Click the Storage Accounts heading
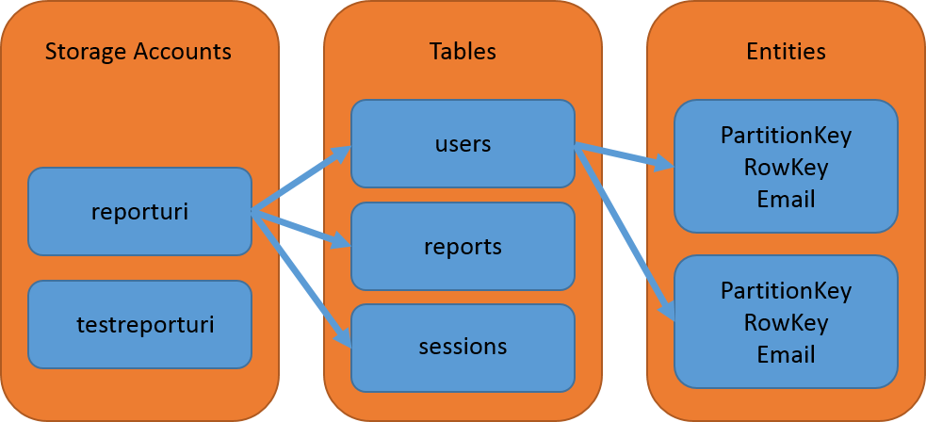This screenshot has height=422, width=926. [138, 51]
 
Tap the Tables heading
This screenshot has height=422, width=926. [463, 51]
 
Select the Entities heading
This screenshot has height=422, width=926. [786, 51]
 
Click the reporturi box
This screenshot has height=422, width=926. [139, 211]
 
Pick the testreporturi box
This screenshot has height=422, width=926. [139, 325]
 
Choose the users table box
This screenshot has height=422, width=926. [463, 144]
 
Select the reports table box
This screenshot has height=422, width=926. [463, 246]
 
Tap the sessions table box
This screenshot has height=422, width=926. [463, 347]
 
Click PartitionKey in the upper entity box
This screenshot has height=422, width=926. [786, 136]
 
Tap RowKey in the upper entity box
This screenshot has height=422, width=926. [786, 168]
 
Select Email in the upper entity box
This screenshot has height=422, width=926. [786, 199]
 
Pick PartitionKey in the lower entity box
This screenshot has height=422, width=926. [786, 290]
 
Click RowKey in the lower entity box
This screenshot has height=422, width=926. [786, 322]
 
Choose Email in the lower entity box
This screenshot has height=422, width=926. [786, 354]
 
